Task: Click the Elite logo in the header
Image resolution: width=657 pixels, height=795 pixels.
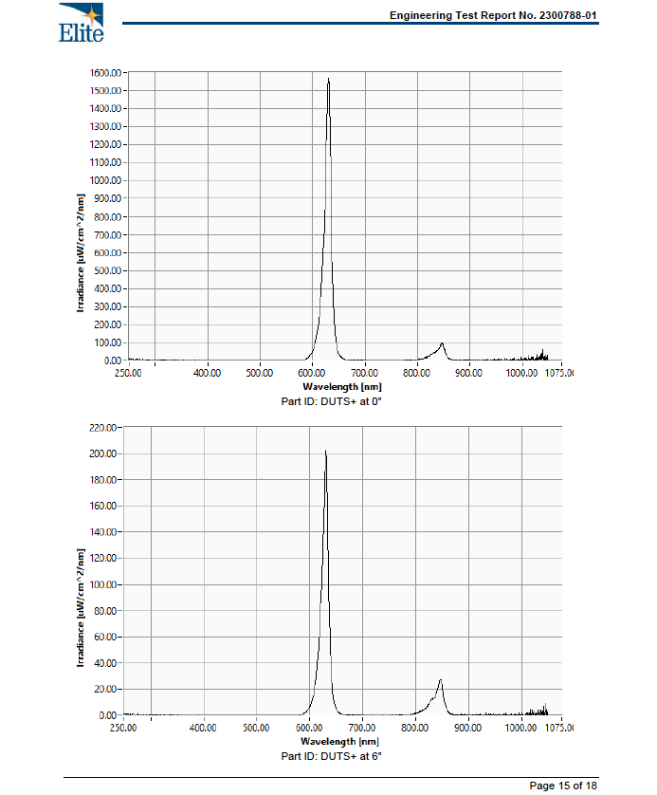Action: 81,23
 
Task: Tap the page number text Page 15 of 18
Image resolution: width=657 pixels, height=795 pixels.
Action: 563,786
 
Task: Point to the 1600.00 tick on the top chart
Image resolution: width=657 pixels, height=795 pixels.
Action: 105,72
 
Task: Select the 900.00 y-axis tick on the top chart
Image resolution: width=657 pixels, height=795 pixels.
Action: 107,198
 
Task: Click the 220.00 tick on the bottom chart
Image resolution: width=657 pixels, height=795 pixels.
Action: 103,428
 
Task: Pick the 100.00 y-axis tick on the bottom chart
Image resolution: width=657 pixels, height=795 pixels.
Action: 103,584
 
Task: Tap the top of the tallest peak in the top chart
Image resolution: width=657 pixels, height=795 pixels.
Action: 328,80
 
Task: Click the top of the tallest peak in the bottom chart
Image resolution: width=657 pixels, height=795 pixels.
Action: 325,452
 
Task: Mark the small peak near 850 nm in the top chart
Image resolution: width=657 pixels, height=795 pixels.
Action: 442,343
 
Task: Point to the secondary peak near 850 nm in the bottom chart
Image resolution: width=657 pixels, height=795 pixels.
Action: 440,680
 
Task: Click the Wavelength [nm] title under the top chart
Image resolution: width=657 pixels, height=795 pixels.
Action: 342,387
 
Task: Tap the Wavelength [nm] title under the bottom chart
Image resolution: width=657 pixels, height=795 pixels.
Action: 339,742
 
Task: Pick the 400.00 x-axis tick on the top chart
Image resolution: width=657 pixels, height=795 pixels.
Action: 207,374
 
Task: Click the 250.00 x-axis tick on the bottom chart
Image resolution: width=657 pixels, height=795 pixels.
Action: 123,729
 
